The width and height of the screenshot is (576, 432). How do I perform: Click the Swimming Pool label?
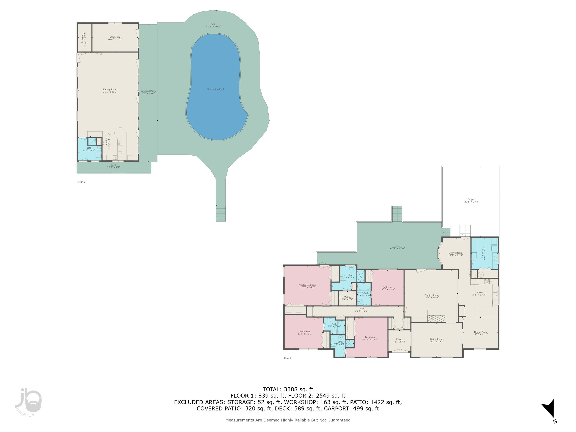215,89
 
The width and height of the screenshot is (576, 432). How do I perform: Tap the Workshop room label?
115,38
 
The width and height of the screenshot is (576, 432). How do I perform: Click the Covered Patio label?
148,92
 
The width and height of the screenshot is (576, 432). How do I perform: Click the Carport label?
471,200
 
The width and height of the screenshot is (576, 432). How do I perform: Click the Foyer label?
399,340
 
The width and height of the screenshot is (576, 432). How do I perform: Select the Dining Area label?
480,333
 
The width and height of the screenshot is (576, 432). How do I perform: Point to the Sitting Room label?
455,254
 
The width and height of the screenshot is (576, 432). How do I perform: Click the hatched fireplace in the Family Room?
436,318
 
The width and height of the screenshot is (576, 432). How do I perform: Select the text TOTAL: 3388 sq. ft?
288,389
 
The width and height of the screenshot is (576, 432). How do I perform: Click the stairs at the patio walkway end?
221,213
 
